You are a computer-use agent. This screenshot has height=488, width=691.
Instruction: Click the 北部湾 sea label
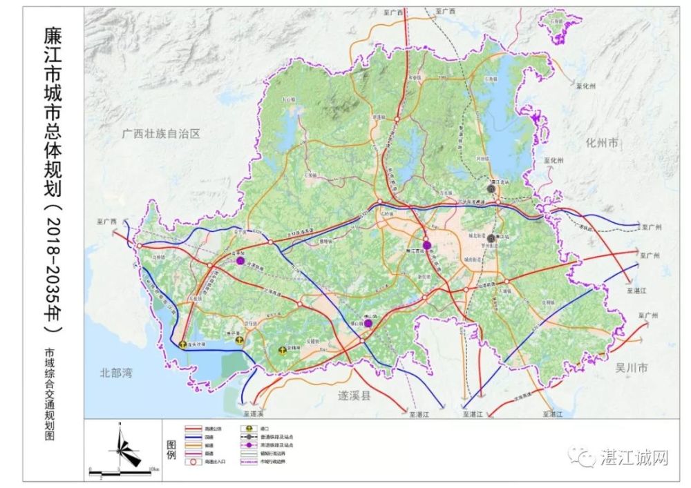coord(115,373)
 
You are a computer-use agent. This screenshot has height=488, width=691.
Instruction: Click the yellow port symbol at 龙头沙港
coord(182,343)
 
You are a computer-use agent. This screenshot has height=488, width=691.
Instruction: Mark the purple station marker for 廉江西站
coord(427,245)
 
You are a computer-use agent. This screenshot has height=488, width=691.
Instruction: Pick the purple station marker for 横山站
coord(368,322)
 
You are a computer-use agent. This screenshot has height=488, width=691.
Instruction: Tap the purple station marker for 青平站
coord(240,261)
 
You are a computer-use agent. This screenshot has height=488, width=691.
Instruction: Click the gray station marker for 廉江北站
coord(491,188)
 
